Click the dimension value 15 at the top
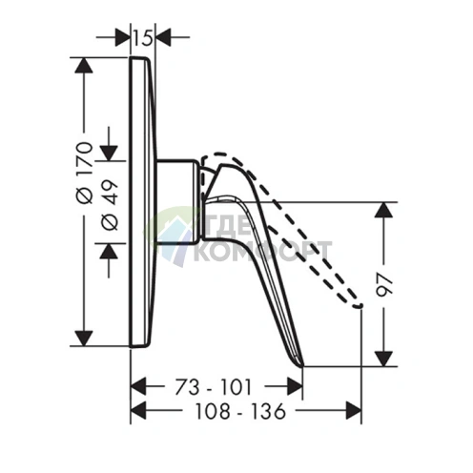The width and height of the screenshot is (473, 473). (142, 37)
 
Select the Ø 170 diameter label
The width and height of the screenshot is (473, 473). (85, 173)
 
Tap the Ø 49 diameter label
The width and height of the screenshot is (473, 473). (110, 205)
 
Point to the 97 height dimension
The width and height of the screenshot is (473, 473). (385, 284)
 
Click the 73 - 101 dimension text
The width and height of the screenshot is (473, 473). (214, 387)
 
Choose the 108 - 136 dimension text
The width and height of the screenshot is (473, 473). (240, 411)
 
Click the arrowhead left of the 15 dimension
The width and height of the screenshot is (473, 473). (123, 37)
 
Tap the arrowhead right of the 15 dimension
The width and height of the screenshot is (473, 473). (162, 37)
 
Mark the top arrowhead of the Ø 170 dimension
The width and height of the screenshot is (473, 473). (84, 66)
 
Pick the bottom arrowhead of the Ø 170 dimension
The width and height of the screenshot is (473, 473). (84, 339)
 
